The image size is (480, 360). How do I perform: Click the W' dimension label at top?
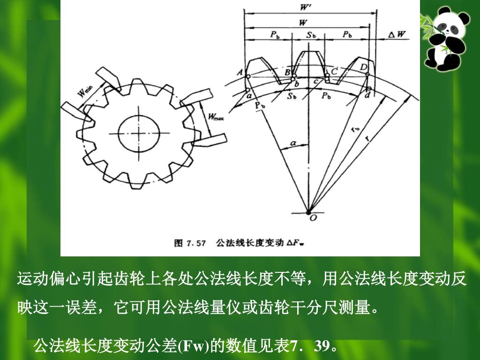point(305,7)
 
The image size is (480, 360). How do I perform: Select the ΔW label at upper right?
point(397,34)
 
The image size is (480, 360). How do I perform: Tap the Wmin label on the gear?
point(86,90)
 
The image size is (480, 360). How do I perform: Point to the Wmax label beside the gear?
point(215,116)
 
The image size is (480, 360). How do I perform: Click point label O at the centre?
point(313,218)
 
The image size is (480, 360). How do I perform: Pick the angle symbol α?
point(293,142)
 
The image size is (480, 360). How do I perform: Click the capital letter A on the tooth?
point(240,72)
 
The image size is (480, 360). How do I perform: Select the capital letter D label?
point(363,67)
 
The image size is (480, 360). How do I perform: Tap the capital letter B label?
point(287,73)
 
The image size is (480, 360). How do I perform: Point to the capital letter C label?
point(334,71)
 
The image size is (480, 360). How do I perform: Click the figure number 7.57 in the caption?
point(196,243)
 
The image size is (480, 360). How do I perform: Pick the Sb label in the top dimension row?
point(311,35)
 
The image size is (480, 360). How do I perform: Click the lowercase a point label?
point(249,96)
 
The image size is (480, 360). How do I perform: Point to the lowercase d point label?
point(367,95)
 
